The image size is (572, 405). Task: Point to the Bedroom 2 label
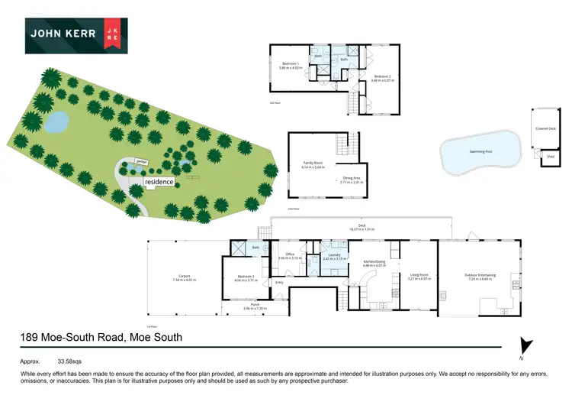pos(381,76)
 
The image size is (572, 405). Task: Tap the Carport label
pos(185,277)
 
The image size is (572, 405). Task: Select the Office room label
pos(290,255)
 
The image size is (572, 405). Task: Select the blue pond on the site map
pos(55,121)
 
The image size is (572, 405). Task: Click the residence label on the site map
pos(160,182)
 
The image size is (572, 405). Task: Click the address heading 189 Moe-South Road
pos(101,337)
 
